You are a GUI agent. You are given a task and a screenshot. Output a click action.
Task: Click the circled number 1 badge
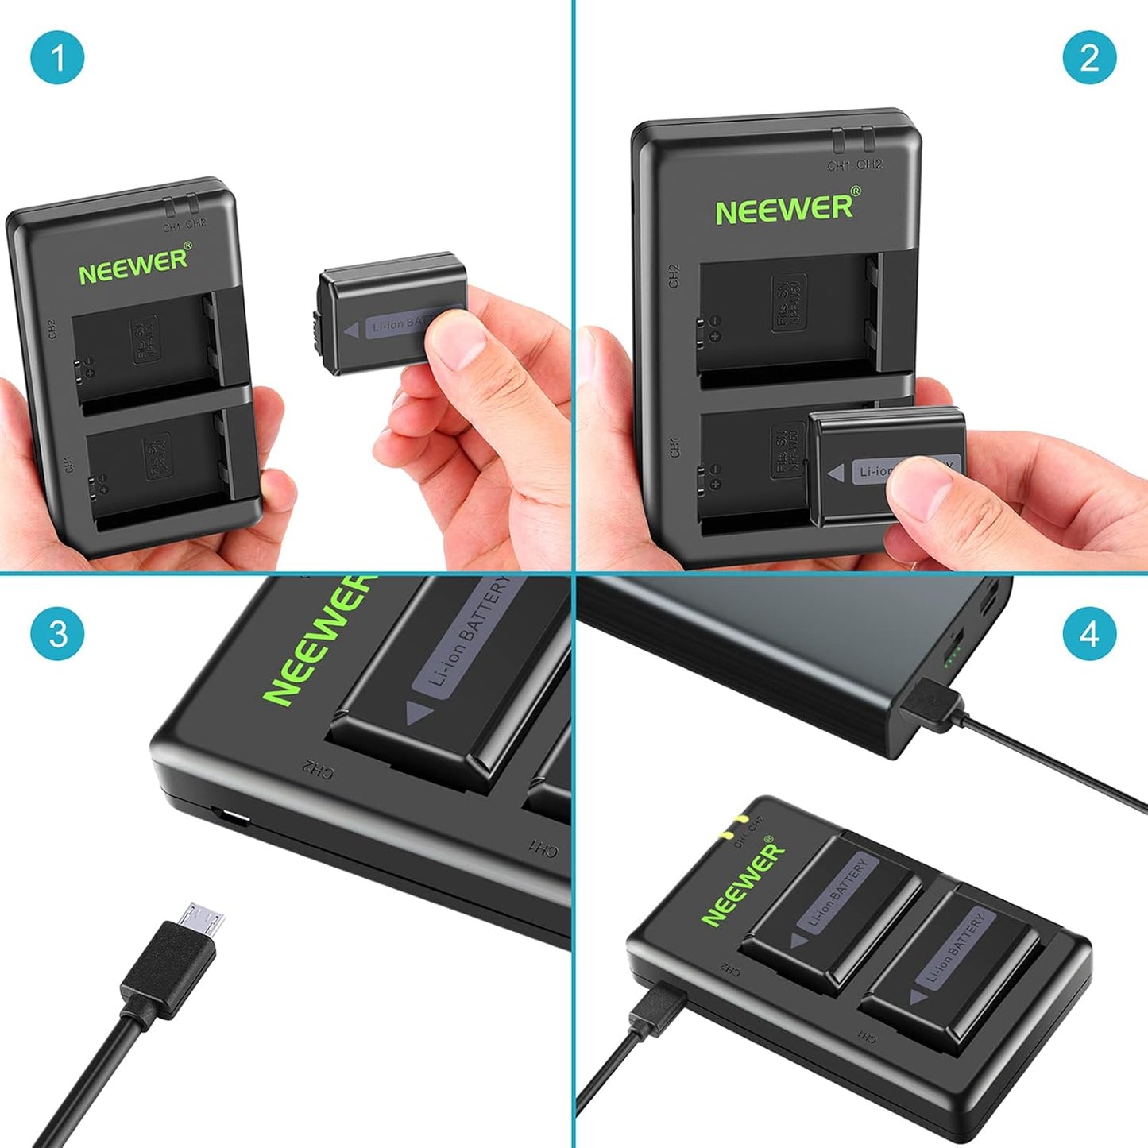[x=57, y=57]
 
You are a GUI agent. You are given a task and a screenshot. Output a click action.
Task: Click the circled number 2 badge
[x=1089, y=57]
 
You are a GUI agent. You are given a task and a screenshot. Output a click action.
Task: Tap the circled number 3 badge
[x=57, y=633]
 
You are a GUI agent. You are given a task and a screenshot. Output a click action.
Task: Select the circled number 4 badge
[x=1089, y=633]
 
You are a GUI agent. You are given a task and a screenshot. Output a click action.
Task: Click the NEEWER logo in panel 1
[x=134, y=265]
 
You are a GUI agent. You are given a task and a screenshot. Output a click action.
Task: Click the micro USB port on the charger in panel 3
[x=231, y=817]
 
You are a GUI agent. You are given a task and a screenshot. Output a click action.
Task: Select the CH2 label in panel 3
[x=316, y=768]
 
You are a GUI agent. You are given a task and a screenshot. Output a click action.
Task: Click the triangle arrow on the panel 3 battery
[x=419, y=713]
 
